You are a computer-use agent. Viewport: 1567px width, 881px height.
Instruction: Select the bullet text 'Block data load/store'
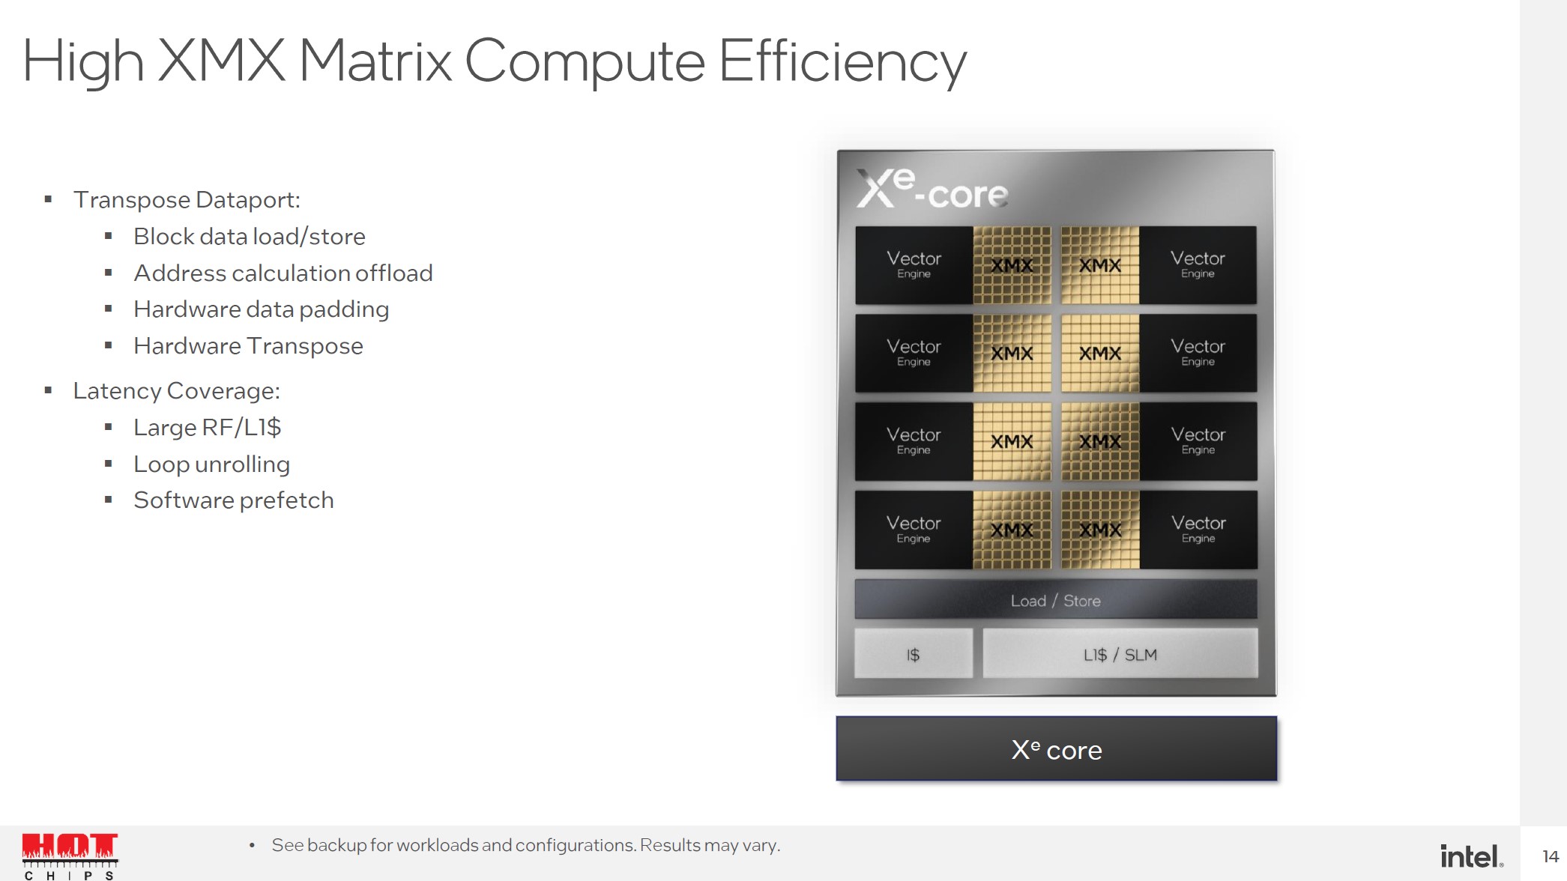pyautogui.click(x=250, y=237)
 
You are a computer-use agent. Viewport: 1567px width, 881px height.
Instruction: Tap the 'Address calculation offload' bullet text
pyautogui.click(x=283, y=273)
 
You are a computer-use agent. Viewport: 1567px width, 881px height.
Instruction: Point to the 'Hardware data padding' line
pyautogui.click(x=262, y=309)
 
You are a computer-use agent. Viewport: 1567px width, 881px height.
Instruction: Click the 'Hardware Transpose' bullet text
pyautogui.click(x=248, y=346)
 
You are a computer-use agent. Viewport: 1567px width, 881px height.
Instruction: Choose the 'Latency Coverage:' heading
pyautogui.click(x=177, y=391)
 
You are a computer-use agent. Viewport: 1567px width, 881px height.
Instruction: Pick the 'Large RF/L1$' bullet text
pyautogui.click(x=208, y=428)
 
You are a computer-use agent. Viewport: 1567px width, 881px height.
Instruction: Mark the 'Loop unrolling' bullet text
pyautogui.click(x=212, y=464)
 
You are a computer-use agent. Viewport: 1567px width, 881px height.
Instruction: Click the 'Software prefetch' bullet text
pyautogui.click(x=234, y=500)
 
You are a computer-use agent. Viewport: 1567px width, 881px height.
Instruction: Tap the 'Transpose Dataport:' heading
pyautogui.click(x=187, y=200)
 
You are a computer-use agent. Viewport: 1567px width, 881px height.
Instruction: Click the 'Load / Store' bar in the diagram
pyautogui.click(x=1056, y=600)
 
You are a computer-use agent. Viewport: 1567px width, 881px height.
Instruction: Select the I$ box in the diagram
pyautogui.click(x=914, y=654)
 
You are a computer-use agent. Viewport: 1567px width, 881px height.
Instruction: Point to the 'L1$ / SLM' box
pyautogui.click(x=1120, y=654)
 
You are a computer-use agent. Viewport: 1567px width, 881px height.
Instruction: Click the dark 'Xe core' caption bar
pyautogui.click(x=1057, y=749)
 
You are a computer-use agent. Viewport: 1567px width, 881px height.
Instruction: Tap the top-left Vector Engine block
pyautogui.click(x=914, y=265)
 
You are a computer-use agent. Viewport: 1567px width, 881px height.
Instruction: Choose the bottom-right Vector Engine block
pyautogui.click(x=1198, y=530)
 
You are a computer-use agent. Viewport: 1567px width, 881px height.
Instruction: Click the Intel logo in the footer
pyautogui.click(x=1472, y=856)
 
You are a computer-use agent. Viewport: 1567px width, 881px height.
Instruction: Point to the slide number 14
pyautogui.click(x=1551, y=856)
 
